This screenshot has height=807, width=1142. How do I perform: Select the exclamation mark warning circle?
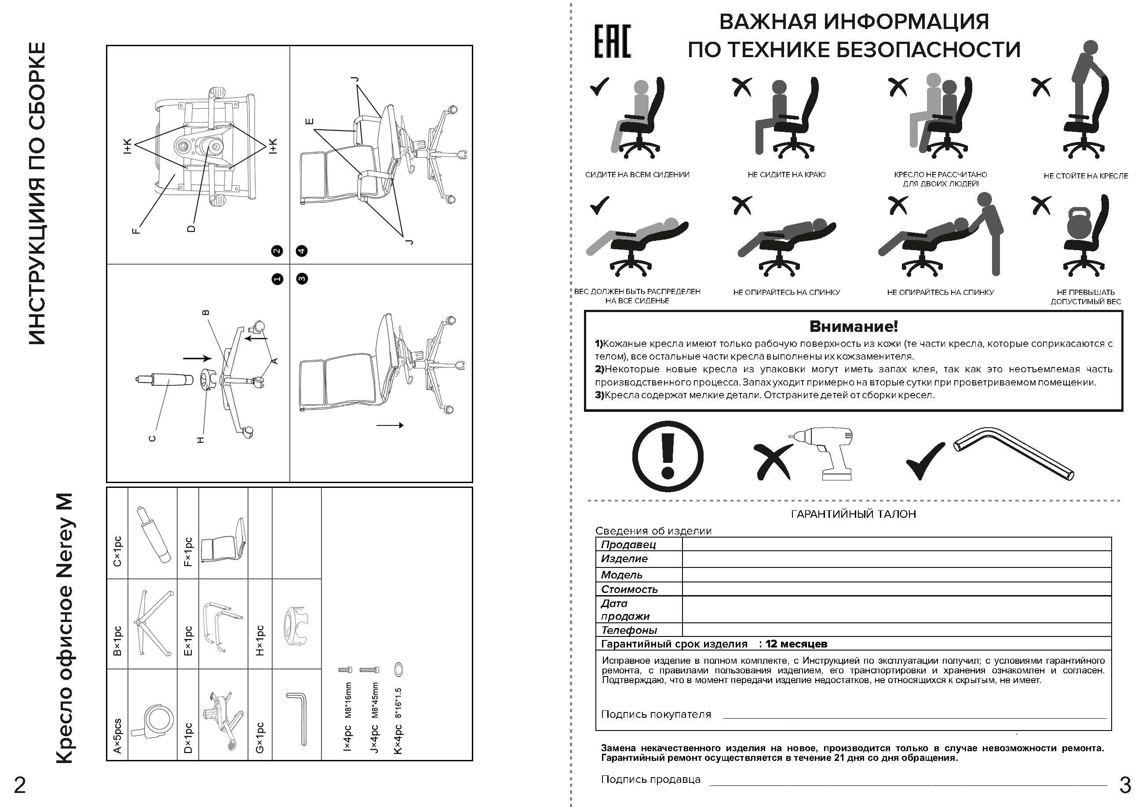pos(668,456)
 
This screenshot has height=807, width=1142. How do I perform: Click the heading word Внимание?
pos(854,327)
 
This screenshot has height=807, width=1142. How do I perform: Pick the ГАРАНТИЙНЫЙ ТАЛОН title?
pos(853,514)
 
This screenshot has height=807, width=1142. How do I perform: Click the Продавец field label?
pos(628,545)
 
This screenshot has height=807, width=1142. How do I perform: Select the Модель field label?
pos(622,575)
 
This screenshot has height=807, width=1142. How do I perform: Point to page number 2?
pos(19,785)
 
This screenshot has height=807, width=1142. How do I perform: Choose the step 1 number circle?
pos(277,279)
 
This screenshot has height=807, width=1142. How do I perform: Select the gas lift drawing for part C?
pos(152,534)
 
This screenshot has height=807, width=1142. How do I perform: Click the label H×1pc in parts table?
pos(259,640)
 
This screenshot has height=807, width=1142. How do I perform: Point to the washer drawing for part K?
pos(398,669)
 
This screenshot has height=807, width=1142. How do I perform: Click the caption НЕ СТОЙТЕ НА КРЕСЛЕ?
pos(1085,176)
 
